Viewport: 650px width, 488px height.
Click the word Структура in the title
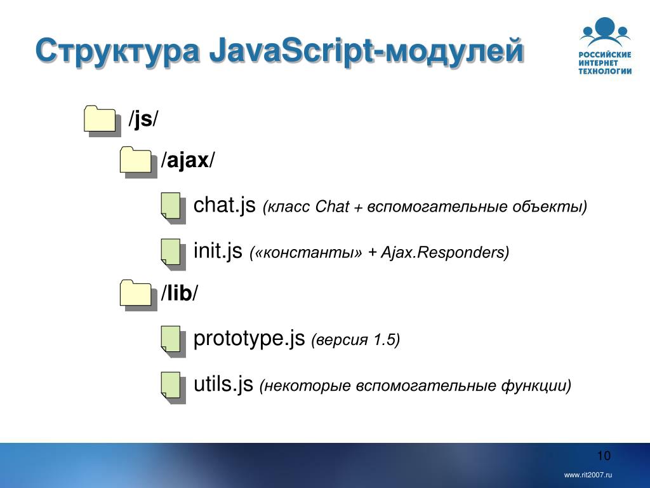tap(117, 51)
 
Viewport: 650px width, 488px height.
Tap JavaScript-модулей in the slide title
tap(366, 51)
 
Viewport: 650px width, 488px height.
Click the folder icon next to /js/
tap(102, 121)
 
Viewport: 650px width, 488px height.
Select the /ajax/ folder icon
tap(138, 162)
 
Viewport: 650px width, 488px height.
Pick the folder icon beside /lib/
tap(138, 295)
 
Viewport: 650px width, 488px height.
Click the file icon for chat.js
tap(173, 208)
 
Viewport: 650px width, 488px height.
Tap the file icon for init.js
tap(173, 254)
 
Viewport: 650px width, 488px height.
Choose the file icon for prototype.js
tap(173, 341)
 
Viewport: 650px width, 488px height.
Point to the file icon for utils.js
tap(173, 388)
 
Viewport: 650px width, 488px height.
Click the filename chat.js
tap(224, 205)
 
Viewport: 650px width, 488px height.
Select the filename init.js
tap(218, 251)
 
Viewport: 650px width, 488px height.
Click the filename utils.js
tap(223, 384)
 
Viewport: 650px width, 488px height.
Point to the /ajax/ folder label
tap(188, 161)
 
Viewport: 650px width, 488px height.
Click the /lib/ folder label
tap(180, 293)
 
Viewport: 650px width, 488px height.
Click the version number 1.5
tap(384, 339)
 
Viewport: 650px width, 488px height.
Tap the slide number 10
tap(604, 456)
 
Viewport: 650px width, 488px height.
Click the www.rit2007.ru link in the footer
tap(588, 475)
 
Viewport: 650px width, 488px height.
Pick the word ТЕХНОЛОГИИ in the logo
tap(605, 71)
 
